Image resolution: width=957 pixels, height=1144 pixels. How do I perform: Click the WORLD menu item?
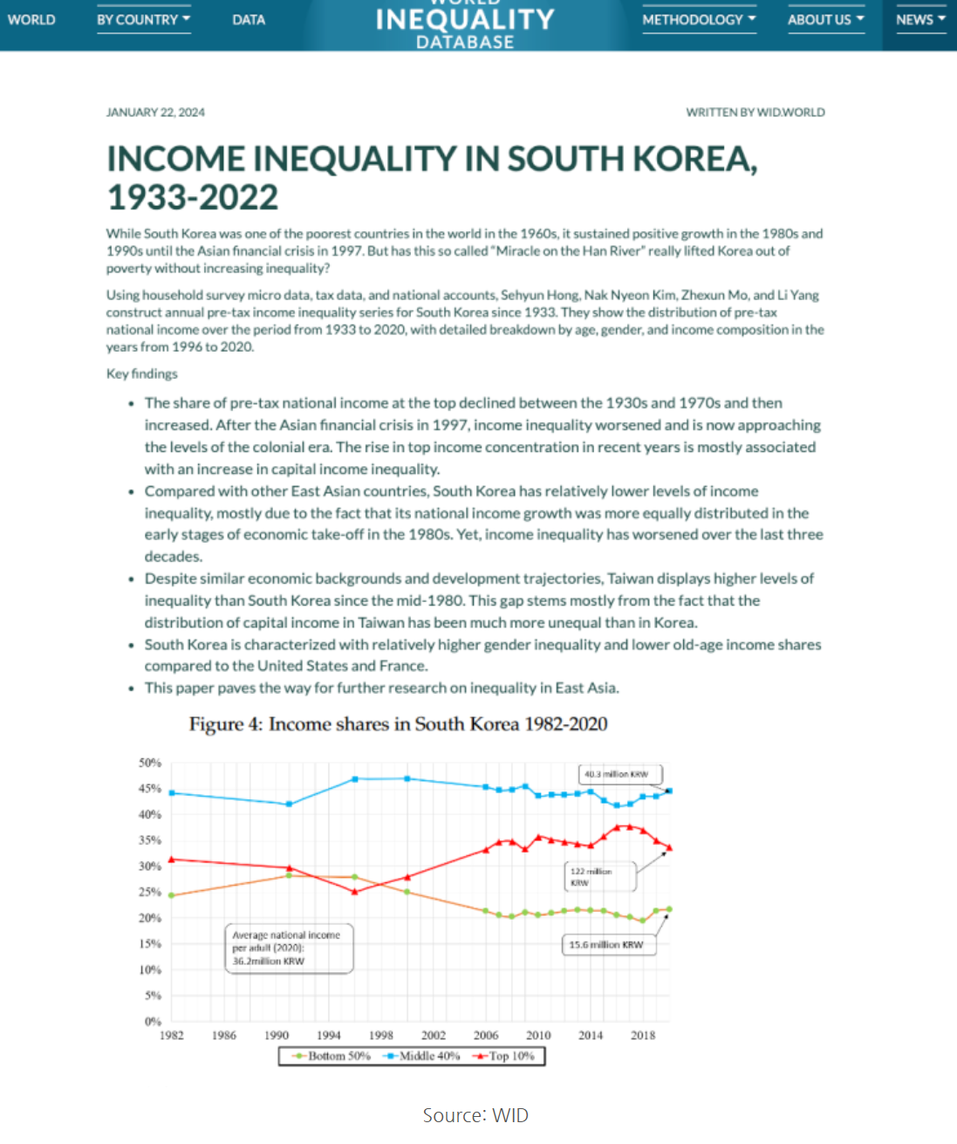[x=31, y=19]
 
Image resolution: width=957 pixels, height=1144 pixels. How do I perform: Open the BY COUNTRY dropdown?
[x=143, y=19]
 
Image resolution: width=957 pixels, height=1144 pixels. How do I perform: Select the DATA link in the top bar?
[x=249, y=19]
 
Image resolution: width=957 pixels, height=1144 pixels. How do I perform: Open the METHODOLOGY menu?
[x=699, y=19]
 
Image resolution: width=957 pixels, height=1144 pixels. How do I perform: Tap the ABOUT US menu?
[x=825, y=19]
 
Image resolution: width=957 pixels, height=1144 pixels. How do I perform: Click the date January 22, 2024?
[x=155, y=112]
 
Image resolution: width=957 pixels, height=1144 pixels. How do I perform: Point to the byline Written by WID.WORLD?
[x=755, y=112]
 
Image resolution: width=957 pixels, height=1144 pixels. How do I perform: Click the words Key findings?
[x=141, y=373]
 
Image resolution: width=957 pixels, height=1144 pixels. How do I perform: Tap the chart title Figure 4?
[x=398, y=724]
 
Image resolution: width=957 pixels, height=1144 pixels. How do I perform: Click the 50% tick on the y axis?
[x=150, y=763]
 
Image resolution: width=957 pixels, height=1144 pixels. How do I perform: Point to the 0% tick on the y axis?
[x=153, y=1021]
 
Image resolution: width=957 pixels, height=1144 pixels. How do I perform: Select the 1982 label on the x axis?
[x=172, y=1035]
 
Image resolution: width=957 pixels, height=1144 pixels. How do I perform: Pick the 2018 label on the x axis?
[x=643, y=1035]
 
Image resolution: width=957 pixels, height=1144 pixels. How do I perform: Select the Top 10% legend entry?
[x=505, y=1056]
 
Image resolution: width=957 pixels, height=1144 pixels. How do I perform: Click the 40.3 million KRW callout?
[x=619, y=774]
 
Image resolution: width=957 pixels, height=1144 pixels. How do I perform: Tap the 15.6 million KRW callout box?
[x=607, y=944]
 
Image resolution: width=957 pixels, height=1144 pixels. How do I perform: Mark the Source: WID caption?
[x=475, y=1115]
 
